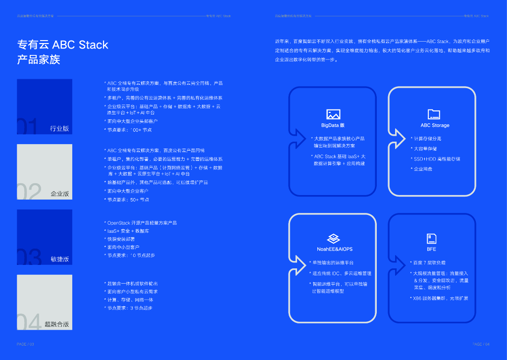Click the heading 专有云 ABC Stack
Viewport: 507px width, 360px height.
point(63,45)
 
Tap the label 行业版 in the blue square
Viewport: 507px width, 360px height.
point(59,129)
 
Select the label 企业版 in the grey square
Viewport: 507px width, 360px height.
point(59,194)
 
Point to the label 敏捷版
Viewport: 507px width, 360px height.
point(59,259)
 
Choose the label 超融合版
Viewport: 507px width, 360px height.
point(56,324)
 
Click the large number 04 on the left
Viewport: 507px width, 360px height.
point(29,322)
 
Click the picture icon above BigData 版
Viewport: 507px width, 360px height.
point(333,114)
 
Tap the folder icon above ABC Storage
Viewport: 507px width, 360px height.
point(434,114)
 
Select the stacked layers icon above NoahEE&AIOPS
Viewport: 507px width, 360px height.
point(333,238)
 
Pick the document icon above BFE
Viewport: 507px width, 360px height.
point(431,238)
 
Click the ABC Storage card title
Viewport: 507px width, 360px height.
point(435,125)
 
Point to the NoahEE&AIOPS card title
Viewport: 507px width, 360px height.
point(335,249)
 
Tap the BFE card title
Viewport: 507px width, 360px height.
point(431,249)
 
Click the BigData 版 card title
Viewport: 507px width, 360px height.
point(333,125)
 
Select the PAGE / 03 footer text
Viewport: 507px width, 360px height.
point(25,344)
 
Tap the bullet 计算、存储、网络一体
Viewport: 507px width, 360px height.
point(130,300)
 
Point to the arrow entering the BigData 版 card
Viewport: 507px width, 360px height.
point(298,134)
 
